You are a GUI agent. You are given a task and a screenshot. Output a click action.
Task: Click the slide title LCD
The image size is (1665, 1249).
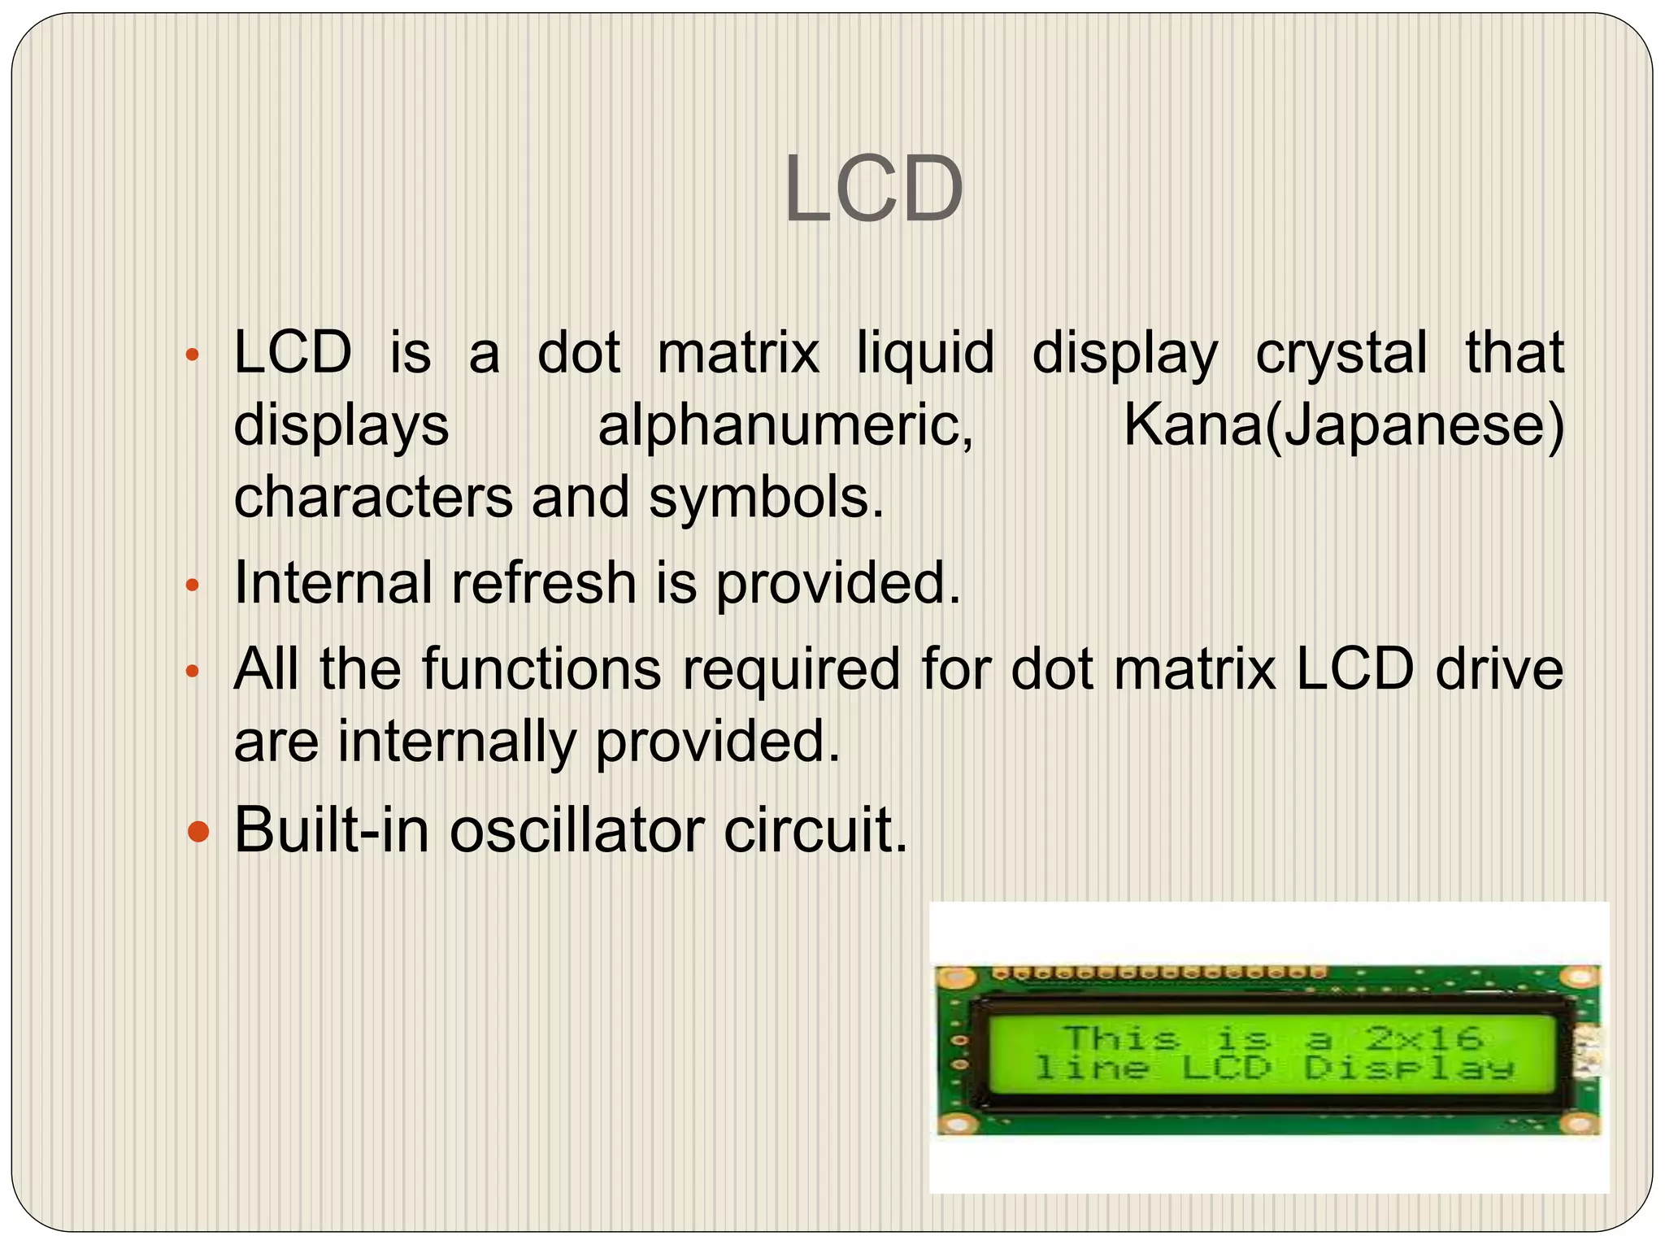point(873,189)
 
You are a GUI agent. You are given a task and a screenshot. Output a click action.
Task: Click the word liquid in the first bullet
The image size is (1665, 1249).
point(925,354)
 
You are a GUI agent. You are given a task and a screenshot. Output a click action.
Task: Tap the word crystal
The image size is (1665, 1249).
point(1341,354)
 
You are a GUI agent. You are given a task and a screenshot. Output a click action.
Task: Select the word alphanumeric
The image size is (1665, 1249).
point(785,425)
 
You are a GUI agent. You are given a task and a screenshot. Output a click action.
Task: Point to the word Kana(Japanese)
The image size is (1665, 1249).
point(1343,425)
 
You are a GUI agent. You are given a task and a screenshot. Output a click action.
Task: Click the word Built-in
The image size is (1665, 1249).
point(332,830)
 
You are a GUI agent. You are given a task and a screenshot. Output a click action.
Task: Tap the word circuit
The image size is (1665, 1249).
point(815,830)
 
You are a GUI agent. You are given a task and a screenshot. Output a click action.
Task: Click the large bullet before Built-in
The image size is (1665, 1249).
point(198,832)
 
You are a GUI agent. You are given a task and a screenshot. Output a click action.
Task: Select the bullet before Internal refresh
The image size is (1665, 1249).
point(192,585)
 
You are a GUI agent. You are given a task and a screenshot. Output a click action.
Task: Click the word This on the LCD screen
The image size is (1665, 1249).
point(1121,1038)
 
